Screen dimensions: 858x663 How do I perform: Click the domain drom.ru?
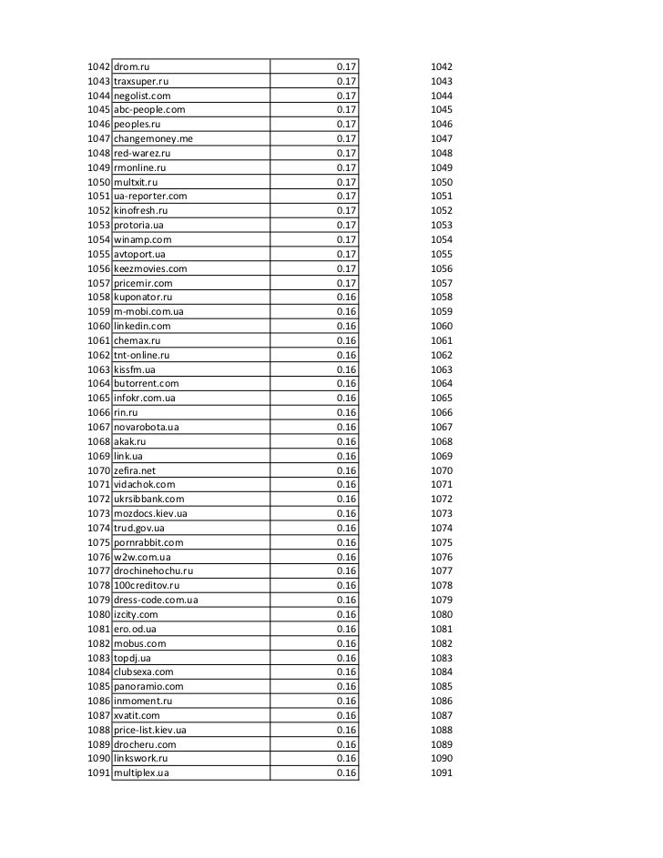[131, 67]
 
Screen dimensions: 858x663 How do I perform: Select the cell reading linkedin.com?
[142, 326]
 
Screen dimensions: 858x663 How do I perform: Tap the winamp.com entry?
[142, 239]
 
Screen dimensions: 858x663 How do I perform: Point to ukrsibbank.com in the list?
[148, 499]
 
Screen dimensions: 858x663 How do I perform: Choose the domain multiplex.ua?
[142, 773]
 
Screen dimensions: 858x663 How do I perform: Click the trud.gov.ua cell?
[139, 528]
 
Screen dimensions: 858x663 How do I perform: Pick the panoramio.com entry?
[148, 686]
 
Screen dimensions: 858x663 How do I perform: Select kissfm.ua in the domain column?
[135, 369]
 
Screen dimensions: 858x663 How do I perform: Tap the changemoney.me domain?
[153, 139]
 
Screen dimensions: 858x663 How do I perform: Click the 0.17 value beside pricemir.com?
[346, 283]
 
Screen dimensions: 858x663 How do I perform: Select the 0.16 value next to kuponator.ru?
[346, 298]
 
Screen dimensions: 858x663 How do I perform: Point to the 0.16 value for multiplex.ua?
[346, 773]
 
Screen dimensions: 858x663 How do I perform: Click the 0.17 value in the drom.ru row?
[346, 67]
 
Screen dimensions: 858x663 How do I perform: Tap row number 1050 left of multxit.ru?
[98, 182]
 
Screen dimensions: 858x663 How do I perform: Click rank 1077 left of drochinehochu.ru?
[98, 571]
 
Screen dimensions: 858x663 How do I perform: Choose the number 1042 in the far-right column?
[442, 67]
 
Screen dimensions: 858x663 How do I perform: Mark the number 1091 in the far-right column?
[442, 773]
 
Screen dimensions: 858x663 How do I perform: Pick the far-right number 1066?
[442, 412]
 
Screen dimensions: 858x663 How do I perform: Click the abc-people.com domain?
[149, 110]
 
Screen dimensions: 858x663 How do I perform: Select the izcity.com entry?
[136, 614]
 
